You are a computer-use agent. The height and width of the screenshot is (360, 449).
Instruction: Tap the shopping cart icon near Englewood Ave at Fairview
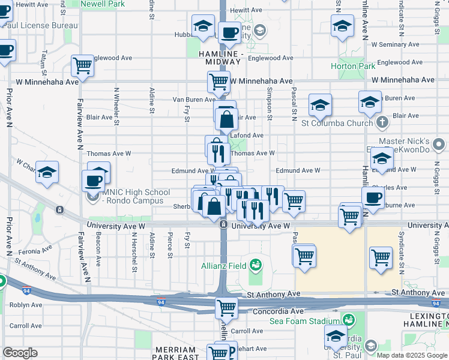click(x=82, y=65)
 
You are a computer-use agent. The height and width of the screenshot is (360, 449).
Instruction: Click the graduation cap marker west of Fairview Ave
click(x=46, y=172)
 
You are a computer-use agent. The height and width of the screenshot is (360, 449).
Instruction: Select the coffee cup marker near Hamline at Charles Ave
click(x=373, y=197)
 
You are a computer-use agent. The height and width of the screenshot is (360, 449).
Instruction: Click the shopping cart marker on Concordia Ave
click(x=226, y=308)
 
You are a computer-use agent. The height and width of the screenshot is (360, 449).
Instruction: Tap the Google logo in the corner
click(x=20, y=353)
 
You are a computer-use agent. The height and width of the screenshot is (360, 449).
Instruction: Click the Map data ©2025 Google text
click(x=412, y=355)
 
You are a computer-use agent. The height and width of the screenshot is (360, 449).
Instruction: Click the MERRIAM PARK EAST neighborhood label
click(x=175, y=353)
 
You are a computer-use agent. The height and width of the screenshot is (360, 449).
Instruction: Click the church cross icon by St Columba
click(x=382, y=123)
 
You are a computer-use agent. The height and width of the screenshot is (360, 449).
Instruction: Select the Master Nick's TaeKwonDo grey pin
click(x=439, y=144)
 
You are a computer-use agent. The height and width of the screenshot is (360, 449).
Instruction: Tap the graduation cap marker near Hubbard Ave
click(x=203, y=26)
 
